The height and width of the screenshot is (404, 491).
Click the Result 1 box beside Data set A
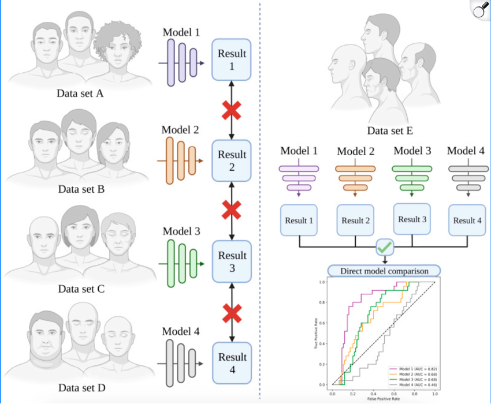[232, 59]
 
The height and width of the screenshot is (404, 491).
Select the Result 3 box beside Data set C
[232, 261]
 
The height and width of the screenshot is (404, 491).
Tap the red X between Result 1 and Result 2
[232, 110]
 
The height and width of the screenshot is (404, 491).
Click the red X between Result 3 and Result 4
[232, 314]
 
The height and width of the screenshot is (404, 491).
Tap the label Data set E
[390, 131]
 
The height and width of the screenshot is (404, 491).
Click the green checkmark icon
[384, 248]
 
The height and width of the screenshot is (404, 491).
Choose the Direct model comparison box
[384, 271]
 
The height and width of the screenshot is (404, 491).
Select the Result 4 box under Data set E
[467, 220]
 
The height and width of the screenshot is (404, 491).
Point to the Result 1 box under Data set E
[299, 220]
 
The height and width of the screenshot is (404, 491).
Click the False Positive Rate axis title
[383, 399]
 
